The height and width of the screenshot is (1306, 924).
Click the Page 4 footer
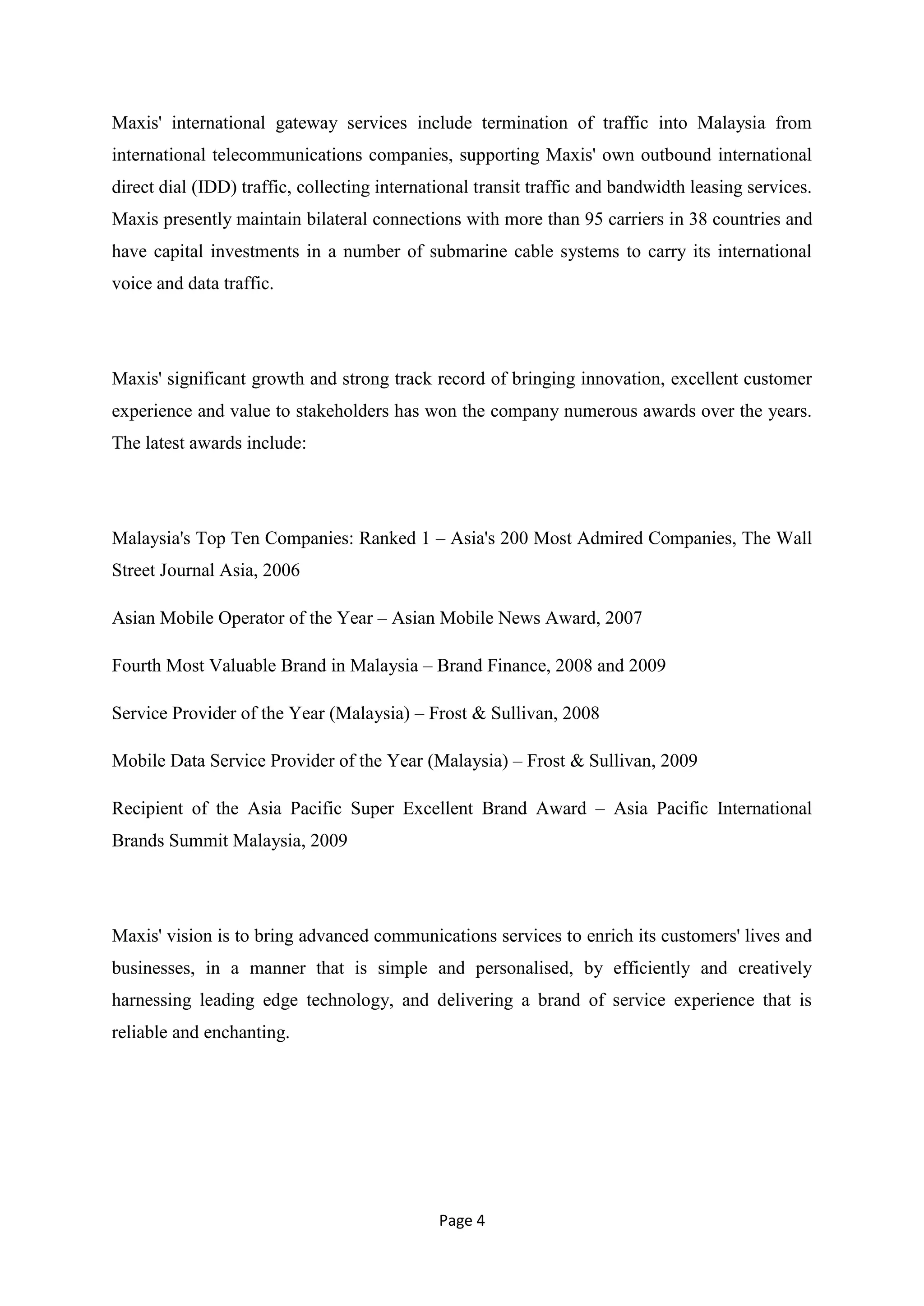pyautogui.click(x=462, y=1221)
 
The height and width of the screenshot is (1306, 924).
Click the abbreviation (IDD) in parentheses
pyautogui.click(x=214, y=187)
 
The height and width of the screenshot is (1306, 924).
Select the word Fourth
pyautogui.click(x=137, y=666)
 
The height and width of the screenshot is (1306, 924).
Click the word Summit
pyautogui.click(x=199, y=841)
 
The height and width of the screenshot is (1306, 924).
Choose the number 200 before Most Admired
pyautogui.click(x=514, y=538)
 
